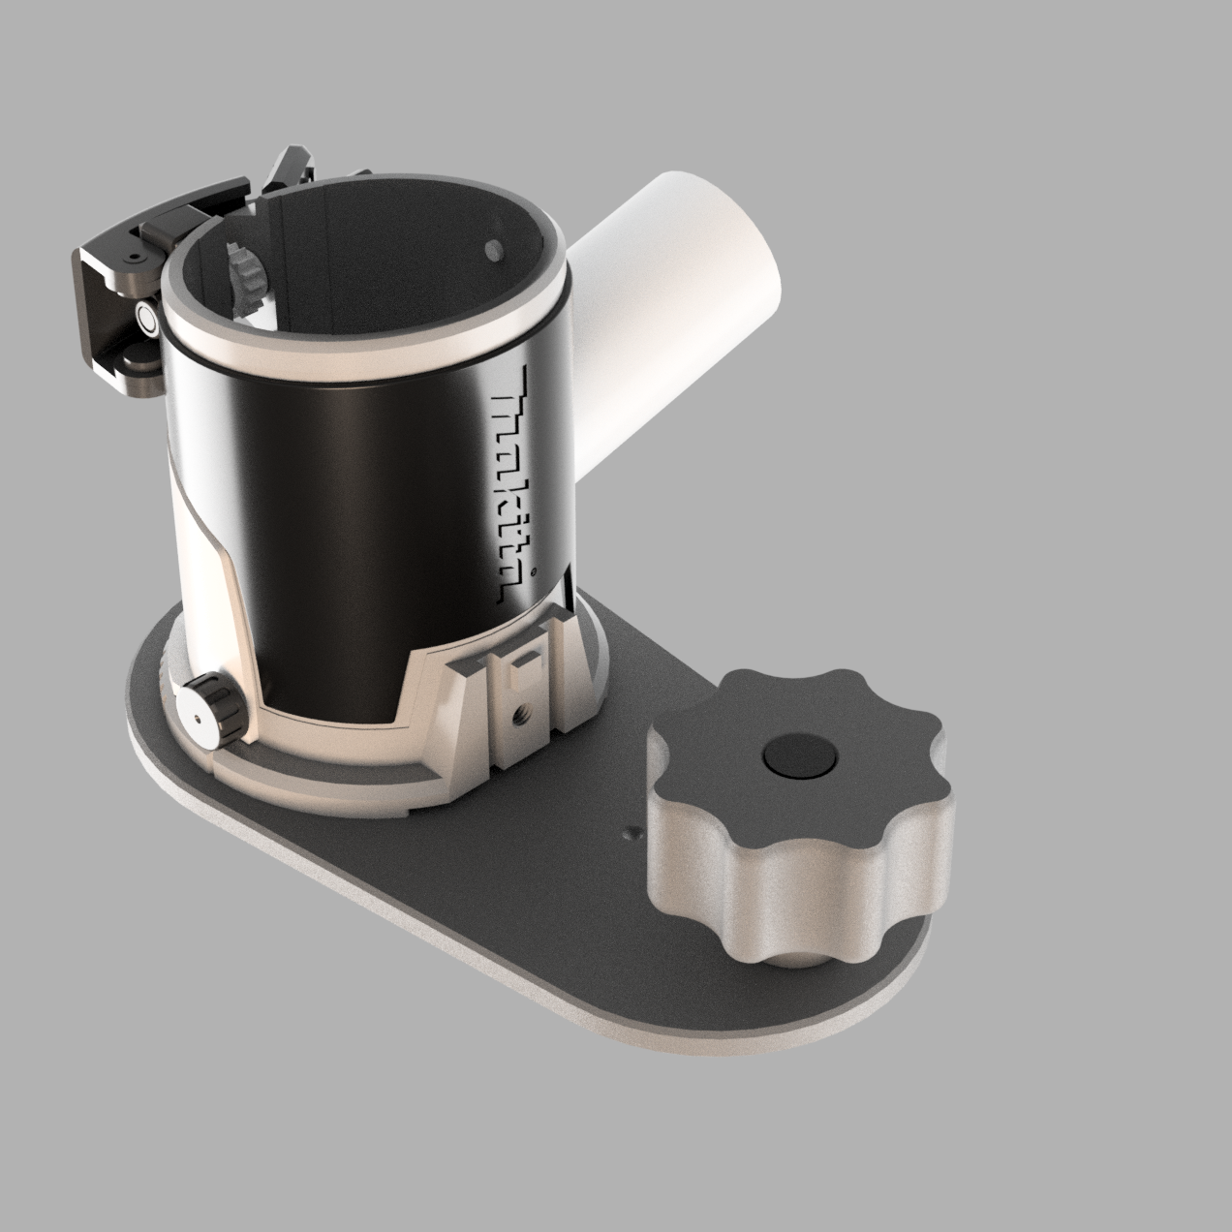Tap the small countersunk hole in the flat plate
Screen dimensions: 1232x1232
632,832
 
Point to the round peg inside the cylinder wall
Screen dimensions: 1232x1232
493,249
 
